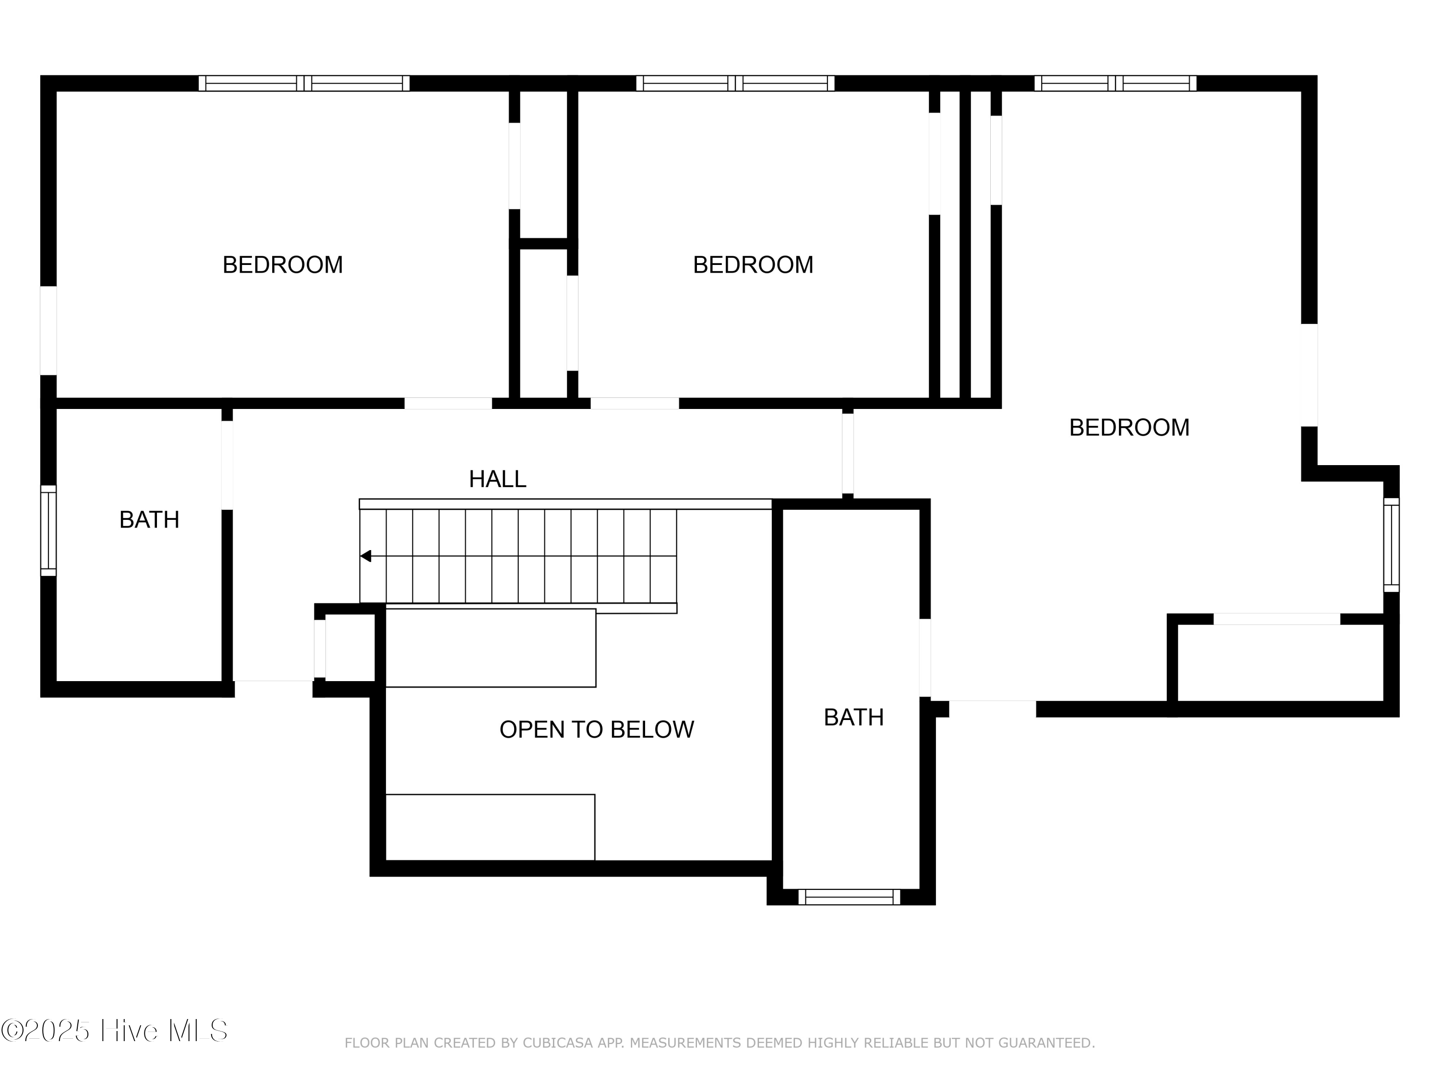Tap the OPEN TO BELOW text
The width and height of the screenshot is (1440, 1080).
(596, 730)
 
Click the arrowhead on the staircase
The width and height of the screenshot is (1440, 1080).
(366, 556)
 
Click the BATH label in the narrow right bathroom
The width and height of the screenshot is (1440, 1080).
(853, 718)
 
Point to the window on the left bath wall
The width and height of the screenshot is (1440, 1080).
(48, 530)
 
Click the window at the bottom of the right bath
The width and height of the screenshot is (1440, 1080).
(849, 897)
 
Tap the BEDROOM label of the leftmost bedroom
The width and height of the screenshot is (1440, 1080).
(283, 265)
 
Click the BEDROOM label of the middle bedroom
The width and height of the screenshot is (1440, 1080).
(753, 265)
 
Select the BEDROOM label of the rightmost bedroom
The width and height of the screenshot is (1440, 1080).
(1129, 428)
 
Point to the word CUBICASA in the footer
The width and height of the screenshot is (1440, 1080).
(558, 1043)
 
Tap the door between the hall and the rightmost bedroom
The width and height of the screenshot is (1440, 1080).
(848, 454)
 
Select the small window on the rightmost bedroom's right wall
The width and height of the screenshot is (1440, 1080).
(1391, 545)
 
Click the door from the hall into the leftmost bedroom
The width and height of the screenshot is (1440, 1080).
(448, 404)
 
